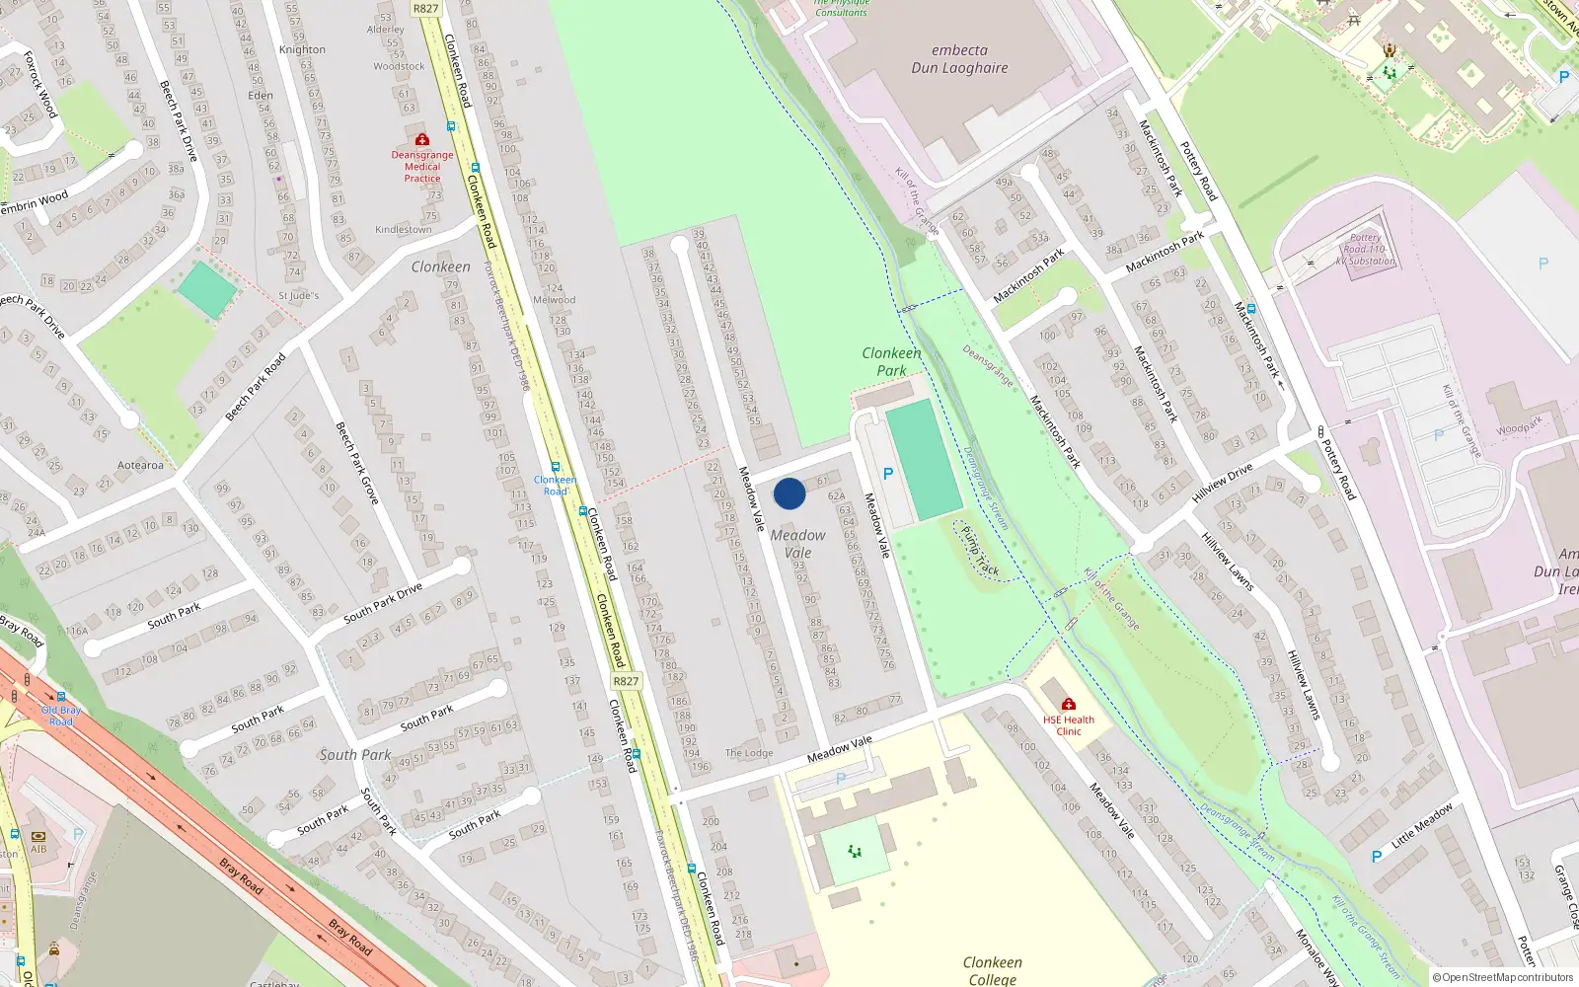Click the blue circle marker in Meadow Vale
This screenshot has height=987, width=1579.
[x=789, y=493]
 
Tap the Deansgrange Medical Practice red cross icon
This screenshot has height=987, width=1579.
[x=422, y=140]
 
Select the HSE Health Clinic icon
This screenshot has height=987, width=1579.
[x=1068, y=704]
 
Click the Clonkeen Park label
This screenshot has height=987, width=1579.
[x=891, y=361]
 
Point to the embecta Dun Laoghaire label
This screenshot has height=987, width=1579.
[x=959, y=59]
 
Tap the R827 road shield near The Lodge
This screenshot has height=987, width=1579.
[x=626, y=681]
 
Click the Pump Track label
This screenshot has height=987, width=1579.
[x=980, y=551]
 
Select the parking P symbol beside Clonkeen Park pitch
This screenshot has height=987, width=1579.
[x=888, y=474]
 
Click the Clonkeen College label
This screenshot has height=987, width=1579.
[x=993, y=970]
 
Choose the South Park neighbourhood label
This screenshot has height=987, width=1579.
[x=355, y=755]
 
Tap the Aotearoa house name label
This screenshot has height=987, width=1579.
[x=141, y=466]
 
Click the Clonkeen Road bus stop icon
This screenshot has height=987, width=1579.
[x=556, y=468]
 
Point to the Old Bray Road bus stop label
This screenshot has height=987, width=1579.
[x=61, y=716]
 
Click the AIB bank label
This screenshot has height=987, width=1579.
[x=38, y=849]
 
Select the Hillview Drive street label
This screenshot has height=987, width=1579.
[x=1223, y=483]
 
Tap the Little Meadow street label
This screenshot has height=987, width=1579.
[x=1422, y=826]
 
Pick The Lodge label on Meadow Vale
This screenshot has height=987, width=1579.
[x=749, y=753]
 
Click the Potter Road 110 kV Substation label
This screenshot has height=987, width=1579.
[x=1366, y=250]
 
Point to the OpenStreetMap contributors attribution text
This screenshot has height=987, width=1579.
[x=1502, y=977]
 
